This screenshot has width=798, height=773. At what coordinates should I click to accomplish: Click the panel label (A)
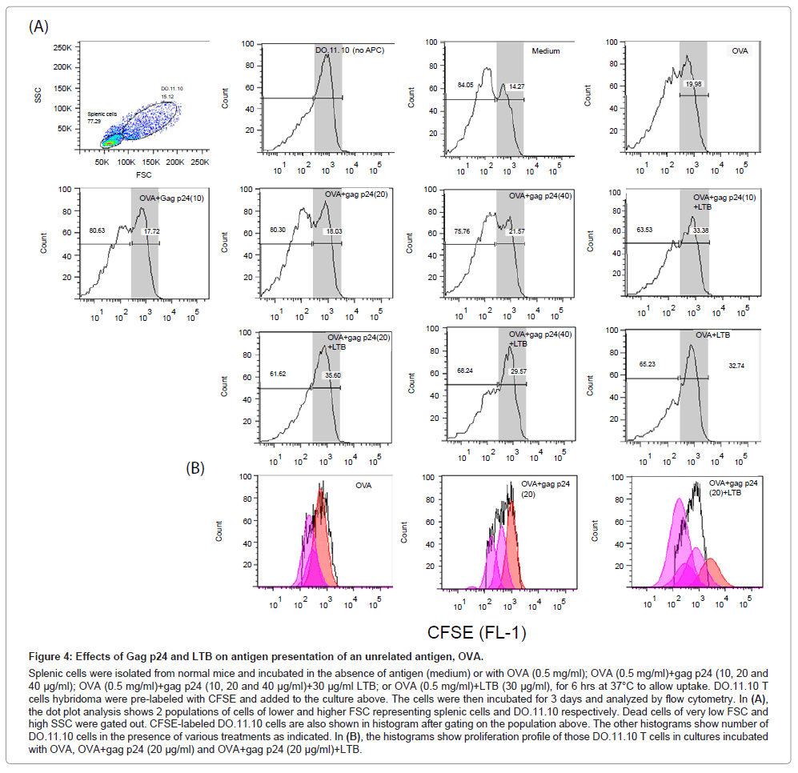pyautogui.click(x=38, y=26)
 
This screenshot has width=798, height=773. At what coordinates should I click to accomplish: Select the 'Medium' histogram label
pyautogui.click(x=546, y=51)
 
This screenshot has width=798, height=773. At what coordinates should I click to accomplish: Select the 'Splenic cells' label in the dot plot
pyautogui.click(x=102, y=114)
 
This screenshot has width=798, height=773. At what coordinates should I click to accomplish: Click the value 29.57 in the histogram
pyautogui.click(x=518, y=371)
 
